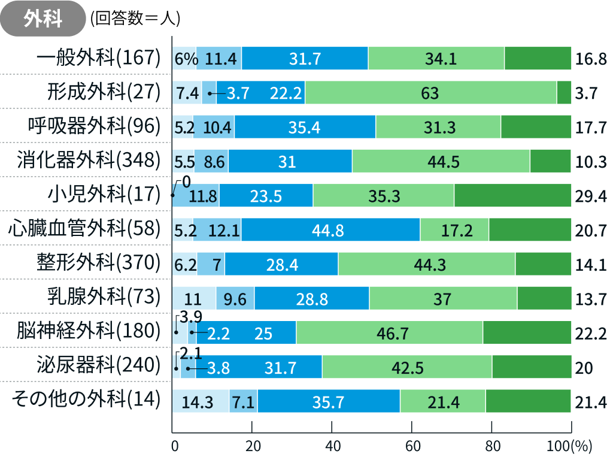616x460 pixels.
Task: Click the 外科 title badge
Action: (43, 19)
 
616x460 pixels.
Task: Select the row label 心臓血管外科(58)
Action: (84, 228)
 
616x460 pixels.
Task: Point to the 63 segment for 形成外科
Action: (430, 92)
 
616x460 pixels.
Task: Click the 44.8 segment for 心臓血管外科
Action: (330, 229)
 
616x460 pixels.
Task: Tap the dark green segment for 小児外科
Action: (512, 195)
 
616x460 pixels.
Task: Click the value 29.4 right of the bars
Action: (591, 195)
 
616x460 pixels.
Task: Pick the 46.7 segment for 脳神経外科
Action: (389, 332)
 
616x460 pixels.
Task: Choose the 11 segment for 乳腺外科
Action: (193, 298)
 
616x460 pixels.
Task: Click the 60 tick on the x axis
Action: (412, 446)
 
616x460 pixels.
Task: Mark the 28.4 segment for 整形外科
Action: (281, 264)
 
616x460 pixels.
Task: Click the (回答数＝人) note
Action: (135, 19)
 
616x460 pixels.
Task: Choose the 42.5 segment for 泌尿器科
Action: (407, 367)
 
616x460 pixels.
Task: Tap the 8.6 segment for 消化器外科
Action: (211, 161)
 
